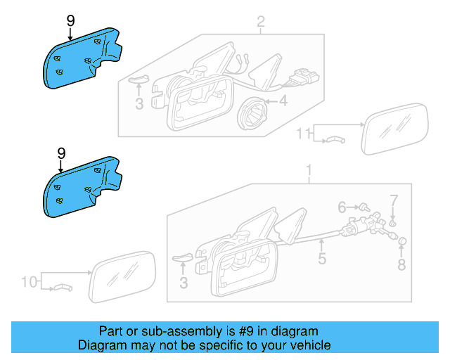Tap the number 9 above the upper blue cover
tap(70, 21)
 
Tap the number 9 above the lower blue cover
tap(61, 153)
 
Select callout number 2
tap(261, 22)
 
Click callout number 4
tap(283, 101)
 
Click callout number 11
tap(303, 134)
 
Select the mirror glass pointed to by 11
tap(394, 129)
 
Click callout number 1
tap(309, 170)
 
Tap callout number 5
tap(322, 258)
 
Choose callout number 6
tap(342, 207)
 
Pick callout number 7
tap(394, 200)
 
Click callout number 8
tap(401, 264)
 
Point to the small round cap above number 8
tap(402, 241)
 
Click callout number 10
tap(30, 282)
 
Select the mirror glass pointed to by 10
tap(122, 277)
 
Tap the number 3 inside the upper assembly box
tap(139, 104)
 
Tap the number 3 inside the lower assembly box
tap(184, 283)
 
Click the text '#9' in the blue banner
tap(246, 331)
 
